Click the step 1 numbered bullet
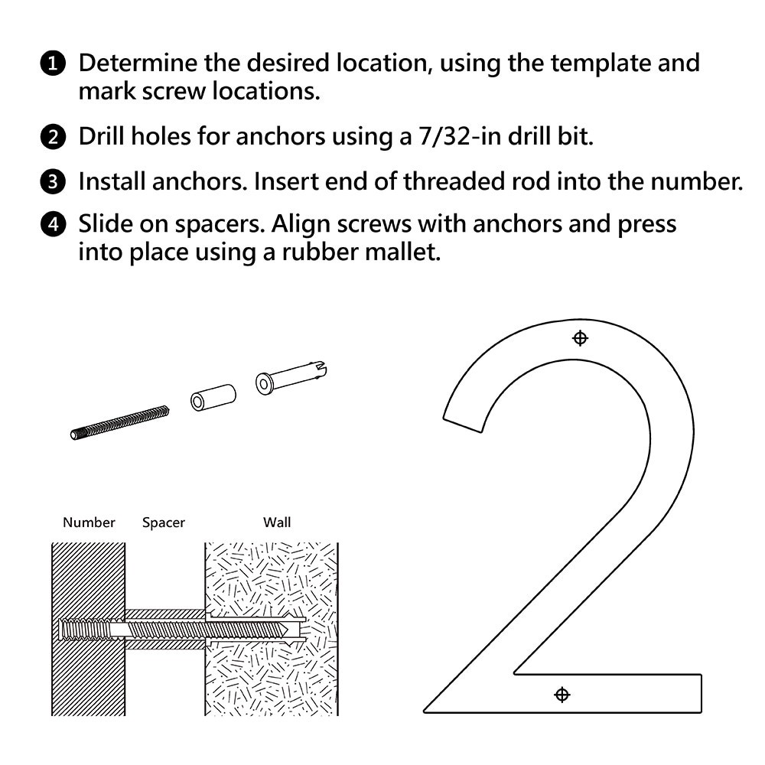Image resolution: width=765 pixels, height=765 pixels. [52, 63]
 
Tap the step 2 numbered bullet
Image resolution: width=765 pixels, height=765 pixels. [52, 138]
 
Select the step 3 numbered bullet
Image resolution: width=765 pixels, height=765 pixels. [52, 183]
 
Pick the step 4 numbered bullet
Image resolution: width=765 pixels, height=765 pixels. [52, 226]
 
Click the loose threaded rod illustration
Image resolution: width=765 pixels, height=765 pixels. [119, 422]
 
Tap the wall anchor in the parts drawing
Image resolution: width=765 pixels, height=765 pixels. [291, 379]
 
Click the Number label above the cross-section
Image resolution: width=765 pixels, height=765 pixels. [89, 523]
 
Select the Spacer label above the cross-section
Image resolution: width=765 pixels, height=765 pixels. [163, 523]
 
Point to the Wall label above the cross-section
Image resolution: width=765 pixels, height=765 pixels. [277, 523]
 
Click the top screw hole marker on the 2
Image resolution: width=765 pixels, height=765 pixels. [580, 338]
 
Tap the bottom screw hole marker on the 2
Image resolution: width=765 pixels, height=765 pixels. [562, 695]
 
